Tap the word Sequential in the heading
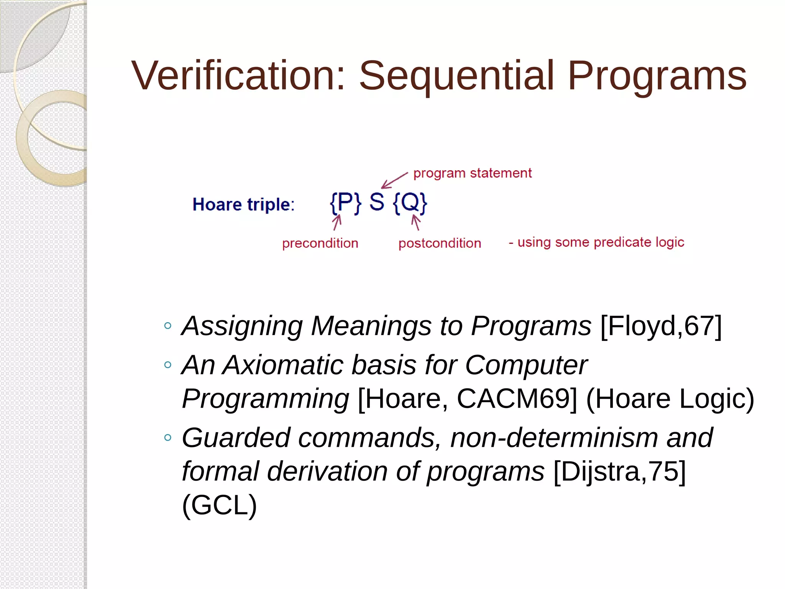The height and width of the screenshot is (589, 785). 456,76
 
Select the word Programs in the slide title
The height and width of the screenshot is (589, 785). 657,76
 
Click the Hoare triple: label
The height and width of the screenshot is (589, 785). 243,204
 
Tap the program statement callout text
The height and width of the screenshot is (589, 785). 472,173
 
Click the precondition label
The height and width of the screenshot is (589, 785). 320,243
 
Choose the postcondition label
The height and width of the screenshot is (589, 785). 440,243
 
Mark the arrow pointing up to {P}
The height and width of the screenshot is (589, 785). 337,222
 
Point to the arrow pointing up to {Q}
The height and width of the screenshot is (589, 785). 416,222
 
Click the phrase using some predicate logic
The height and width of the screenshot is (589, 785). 600,242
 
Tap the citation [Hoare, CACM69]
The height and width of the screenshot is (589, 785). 467,399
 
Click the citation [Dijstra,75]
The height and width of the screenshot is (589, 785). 619,471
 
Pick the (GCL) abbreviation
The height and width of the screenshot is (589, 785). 219,505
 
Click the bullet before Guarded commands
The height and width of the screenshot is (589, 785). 168,438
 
